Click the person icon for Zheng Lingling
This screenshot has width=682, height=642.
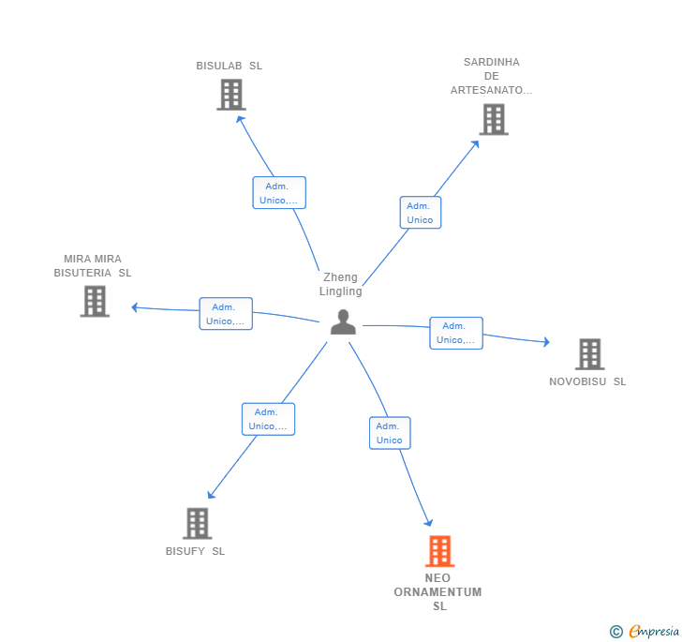click(343, 322)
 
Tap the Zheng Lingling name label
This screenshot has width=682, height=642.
click(341, 284)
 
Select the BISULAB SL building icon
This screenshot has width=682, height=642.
click(231, 95)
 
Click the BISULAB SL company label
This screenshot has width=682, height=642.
click(230, 66)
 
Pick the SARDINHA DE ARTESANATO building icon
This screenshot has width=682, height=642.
click(494, 119)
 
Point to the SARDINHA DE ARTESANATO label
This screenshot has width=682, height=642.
click(492, 76)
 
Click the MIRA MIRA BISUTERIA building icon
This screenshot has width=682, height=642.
click(95, 301)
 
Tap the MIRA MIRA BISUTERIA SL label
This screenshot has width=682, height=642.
click(93, 266)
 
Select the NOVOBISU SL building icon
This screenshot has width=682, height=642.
click(590, 354)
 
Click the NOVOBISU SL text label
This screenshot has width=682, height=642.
click(587, 381)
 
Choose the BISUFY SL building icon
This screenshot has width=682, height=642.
click(198, 523)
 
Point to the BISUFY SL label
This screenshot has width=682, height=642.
click(195, 551)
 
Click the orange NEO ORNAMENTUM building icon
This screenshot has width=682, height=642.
click(439, 551)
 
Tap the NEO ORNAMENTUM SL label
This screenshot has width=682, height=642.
click(438, 592)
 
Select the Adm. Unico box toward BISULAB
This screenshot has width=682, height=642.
click(279, 193)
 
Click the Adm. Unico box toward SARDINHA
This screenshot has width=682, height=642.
click(421, 213)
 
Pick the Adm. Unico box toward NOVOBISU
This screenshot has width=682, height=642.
click(456, 333)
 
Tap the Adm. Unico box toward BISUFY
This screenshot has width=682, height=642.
click(268, 419)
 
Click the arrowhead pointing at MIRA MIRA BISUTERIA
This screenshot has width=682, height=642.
click(134, 307)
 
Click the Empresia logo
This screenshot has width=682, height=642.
click(645, 631)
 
